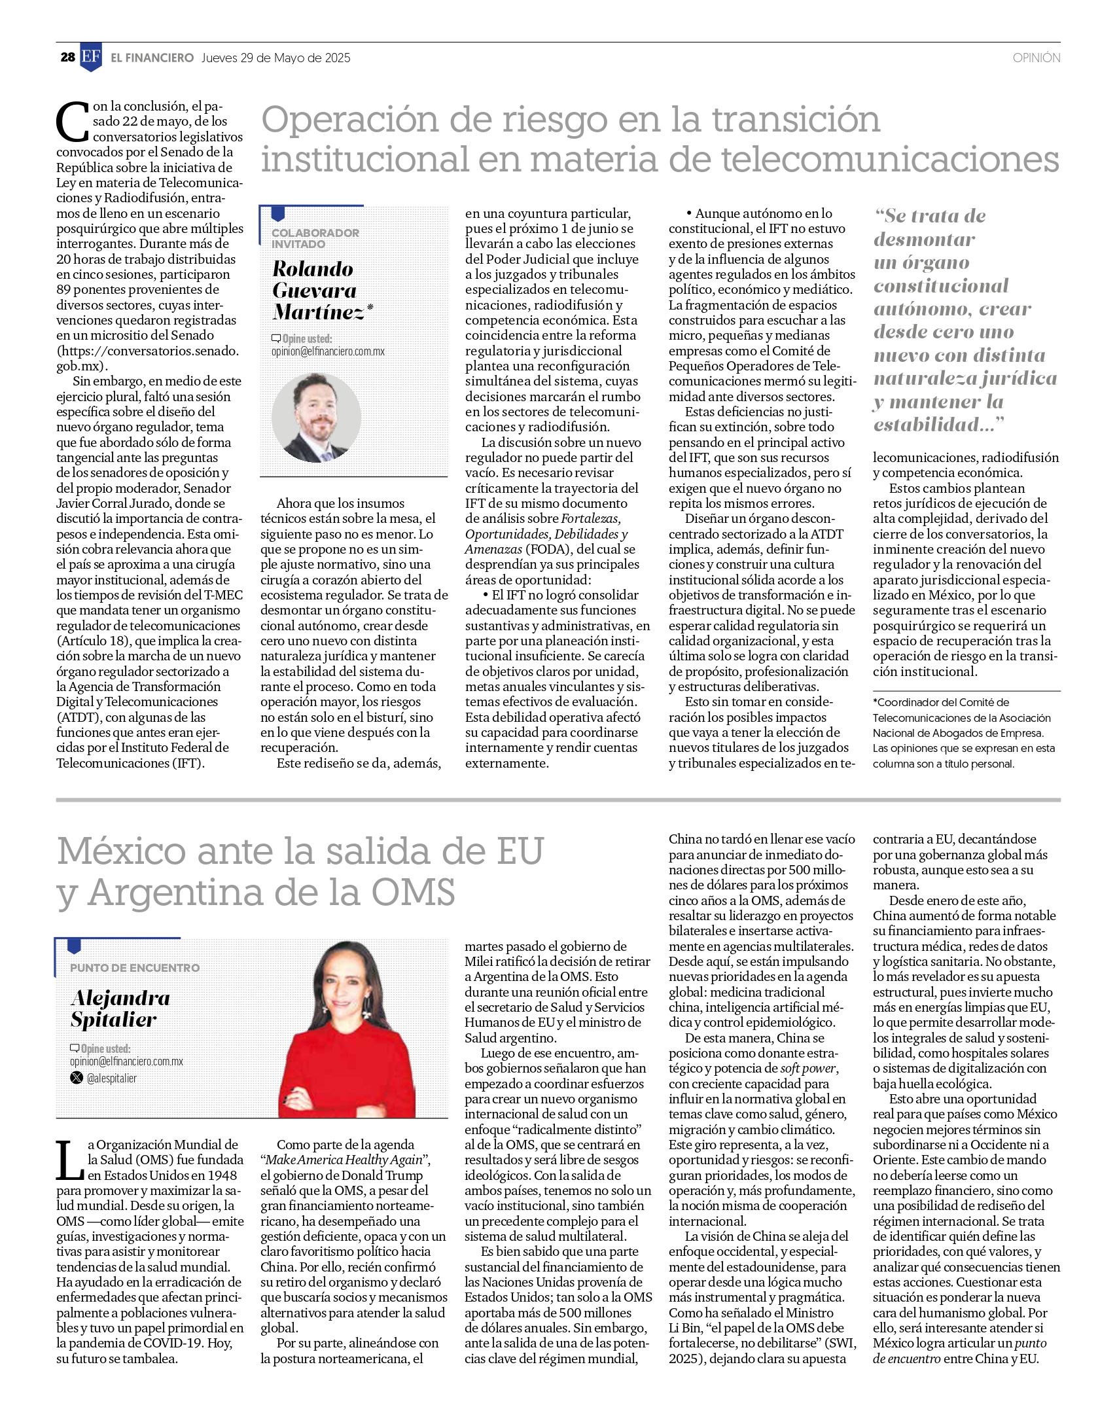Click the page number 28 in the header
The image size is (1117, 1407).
click(67, 58)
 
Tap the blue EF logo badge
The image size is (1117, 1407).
click(91, 57)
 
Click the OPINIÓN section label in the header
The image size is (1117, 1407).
click(1036, 58)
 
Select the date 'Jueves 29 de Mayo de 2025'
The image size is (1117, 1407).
click(275, 58)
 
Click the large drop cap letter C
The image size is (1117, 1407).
click(72, 122)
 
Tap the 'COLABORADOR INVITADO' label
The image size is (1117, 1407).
click(315, 238)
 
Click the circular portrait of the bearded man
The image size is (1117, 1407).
click(316, 417)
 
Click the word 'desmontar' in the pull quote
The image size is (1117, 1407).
click(924, 240)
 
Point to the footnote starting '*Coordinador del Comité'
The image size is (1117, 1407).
click(964, 733)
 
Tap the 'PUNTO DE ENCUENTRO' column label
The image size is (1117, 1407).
click(135, 968)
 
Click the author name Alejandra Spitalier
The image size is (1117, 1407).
click(120, 1008)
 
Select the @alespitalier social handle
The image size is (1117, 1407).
click(112, 1078)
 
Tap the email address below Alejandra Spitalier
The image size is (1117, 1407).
click(126, 1061)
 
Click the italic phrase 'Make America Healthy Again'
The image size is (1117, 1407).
click(344, 1160)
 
